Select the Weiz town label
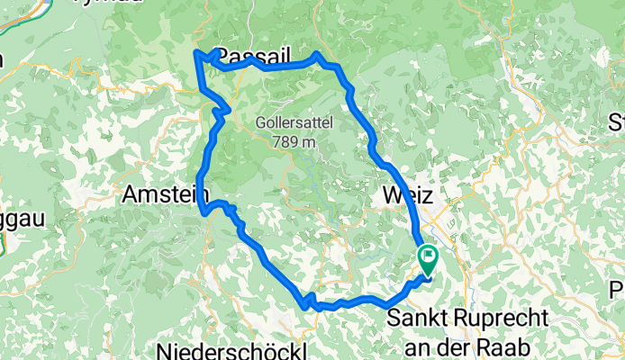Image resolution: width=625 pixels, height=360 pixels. pyautogui.click(x=408, y=195)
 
